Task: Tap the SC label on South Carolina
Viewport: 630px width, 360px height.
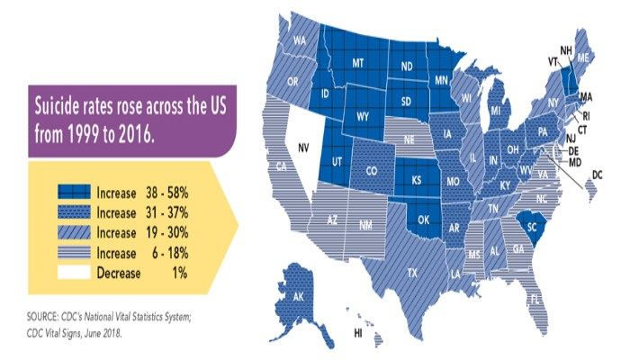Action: tap(531, 228)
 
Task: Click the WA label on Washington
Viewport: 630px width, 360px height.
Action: tap(300, 40)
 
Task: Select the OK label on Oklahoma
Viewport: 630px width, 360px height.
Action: tap(422, 220)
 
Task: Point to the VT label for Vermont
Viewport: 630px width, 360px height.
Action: tap(553, 61)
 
